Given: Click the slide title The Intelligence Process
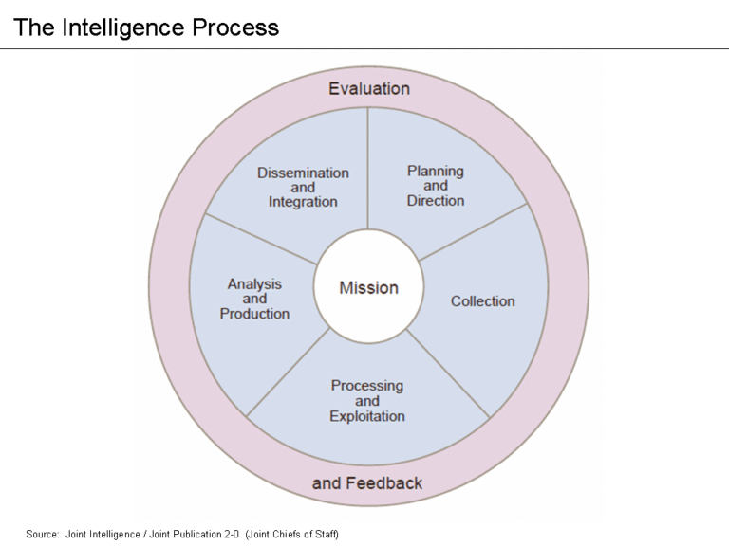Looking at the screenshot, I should coord(146,27).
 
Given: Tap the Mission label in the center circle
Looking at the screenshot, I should coord(369,288).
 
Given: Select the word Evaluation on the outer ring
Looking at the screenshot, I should coord(369,88).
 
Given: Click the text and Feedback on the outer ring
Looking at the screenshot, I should coord(367,483).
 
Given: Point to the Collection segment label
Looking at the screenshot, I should coord(482,301).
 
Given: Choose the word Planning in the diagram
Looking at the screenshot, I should coord(436,171).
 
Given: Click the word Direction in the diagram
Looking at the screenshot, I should coord(436,201).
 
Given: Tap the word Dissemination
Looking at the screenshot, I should coord(303,173).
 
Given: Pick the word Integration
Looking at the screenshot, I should coord(303,202).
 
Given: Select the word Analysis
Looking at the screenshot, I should coord(254,283).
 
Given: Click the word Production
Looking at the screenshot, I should coord(254,314).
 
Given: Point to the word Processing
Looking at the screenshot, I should coord(367,386).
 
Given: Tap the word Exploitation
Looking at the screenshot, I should coord(367,416).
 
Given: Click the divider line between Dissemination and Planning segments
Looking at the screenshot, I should coord(368,171).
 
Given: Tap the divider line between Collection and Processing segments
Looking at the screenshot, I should coord(447,373).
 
